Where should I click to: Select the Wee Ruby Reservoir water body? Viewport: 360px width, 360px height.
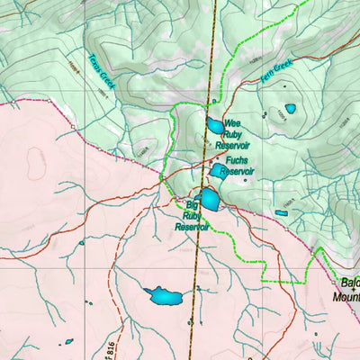pyautogui.click(x=215, y=127)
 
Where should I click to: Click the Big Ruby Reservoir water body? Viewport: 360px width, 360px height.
pyautogui.click(x=209, y=198)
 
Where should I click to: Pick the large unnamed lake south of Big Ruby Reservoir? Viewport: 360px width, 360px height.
pyautogui.click(x=163, y=295)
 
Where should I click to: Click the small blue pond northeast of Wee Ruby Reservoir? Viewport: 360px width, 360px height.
pyautogui.click(x=290, y=109)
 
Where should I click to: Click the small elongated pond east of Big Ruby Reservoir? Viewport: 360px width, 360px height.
pyautogui.click(x=282, y=213)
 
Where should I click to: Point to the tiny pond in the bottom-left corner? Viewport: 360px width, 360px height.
pyautogui.click(x=66, y=342)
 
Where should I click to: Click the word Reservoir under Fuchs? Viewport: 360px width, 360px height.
pyautogui.click(x=237, y=170)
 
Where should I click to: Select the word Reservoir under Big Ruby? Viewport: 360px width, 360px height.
pyautogui.click(x=192, y=228)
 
